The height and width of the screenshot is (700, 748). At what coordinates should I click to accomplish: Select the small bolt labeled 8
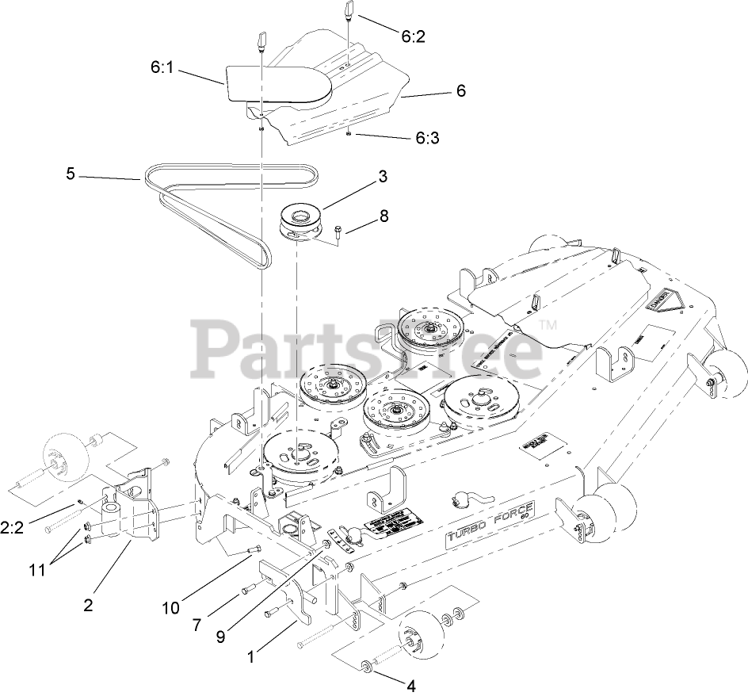(338, 231)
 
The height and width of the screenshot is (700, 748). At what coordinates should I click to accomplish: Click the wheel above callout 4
(420, 636)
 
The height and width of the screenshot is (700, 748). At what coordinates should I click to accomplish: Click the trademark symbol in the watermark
(548, 325)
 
